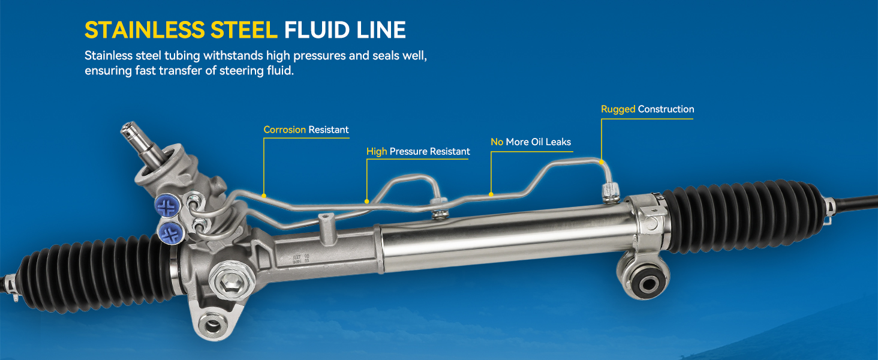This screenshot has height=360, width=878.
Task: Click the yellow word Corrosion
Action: coord(284,130)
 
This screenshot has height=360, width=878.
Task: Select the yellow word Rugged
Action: coord(618,109)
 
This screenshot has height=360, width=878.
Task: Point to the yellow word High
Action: coord(377,151)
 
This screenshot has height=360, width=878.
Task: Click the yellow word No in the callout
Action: coord(497,142)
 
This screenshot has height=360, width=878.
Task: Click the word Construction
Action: coord(666,109)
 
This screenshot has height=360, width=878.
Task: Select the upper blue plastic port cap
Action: coord(168,206)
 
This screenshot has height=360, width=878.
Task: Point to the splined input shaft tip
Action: coord(130,130)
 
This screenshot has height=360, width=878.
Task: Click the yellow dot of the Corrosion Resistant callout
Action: coord(264,195)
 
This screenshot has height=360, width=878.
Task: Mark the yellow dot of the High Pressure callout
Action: coord(367,201)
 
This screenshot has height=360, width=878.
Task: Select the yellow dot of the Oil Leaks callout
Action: coord(491,194)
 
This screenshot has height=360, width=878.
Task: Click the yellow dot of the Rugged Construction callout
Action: coord(602,161)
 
